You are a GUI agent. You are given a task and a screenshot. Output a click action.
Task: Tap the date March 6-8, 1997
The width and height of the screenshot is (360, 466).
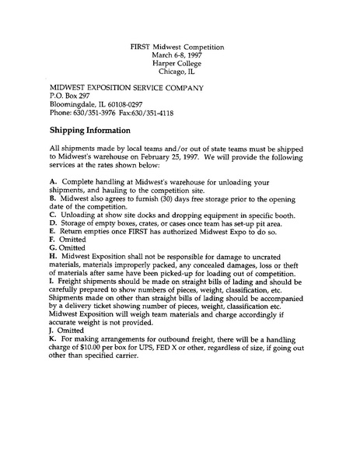[x=179, y=55]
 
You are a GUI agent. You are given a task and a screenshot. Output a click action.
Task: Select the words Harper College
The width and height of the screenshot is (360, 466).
[x=179, y=64]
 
